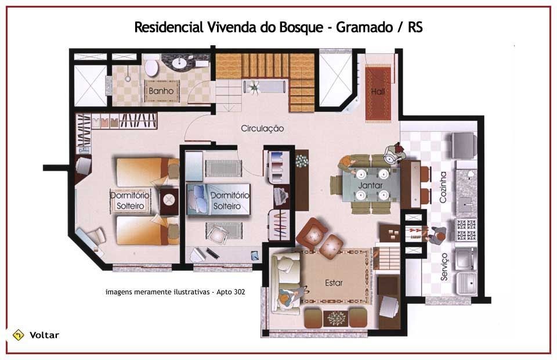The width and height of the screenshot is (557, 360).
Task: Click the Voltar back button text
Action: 44,335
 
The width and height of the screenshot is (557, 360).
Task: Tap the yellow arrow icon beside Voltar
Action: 18,335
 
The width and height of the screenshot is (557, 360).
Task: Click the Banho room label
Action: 161,91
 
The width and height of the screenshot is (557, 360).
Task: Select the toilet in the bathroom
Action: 151,67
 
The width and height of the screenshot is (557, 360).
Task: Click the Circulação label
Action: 262,129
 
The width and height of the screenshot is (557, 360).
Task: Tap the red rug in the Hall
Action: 378,94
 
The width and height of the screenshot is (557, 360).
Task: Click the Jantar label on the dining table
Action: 370,185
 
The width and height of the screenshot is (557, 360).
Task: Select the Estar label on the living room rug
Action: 334,283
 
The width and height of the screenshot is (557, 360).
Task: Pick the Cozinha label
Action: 443,188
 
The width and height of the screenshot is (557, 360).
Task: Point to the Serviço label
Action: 444,267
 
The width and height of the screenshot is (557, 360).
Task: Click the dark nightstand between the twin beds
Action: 169,201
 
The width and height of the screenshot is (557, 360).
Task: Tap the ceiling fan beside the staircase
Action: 254,87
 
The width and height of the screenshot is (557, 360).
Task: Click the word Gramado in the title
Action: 364,27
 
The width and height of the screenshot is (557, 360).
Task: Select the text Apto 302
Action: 230,292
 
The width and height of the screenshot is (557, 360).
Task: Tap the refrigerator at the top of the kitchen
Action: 464,145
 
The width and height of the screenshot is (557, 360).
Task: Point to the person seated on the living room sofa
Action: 291,297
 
